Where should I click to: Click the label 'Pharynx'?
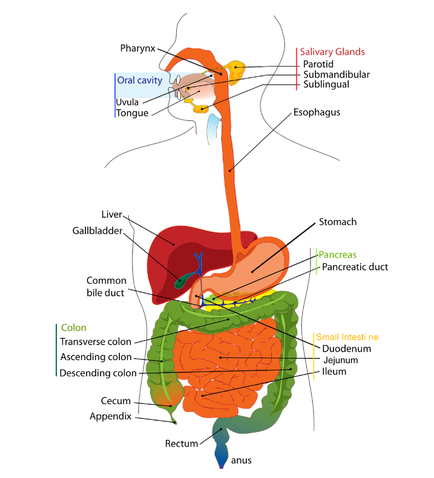pos(138,48)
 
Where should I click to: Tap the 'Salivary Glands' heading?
pos(332,52)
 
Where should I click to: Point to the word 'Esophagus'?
pos(317,112)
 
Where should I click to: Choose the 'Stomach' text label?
pos(338,222)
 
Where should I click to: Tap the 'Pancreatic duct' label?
pos(355,267)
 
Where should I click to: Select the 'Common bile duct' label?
pos(107,287)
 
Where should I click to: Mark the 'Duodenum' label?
pos(347,349)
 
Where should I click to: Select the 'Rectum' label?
pos(182,444)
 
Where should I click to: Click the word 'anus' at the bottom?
pos(241,460)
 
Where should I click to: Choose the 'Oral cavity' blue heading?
pos(140,80)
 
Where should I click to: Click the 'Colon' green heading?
pos(74,328)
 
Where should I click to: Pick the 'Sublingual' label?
pos(326,85)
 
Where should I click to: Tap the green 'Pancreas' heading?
pos(338,255)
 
